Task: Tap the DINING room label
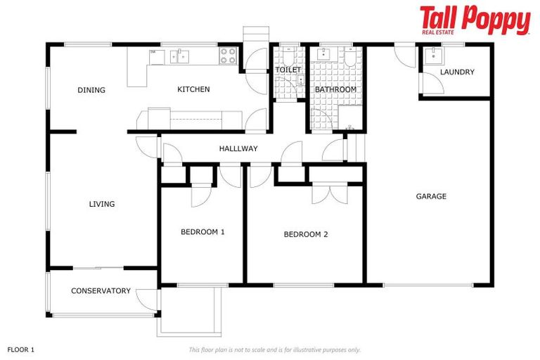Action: click(x=91, y=90)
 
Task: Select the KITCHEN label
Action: click(x=193, y=89)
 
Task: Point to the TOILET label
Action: click(x=288, y=70)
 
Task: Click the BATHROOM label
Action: click(x=335, y=90)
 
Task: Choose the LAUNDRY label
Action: click(x=457, y=72)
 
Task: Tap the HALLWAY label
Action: click(x=238, y=149)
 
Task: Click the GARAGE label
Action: click(x=431, y=197)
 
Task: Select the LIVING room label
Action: click(x=102, y=205)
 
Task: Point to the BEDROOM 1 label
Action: click(x=202, y=232)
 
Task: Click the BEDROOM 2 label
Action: click(x=306, y=235)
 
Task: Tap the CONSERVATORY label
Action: click(x=101, y=291)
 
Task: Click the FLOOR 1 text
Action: click(x=21, y=349)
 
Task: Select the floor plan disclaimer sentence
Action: click(x=274, y=349)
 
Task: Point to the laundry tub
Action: click(x=432, y=56)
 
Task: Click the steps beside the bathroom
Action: click(x=358, y=148)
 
